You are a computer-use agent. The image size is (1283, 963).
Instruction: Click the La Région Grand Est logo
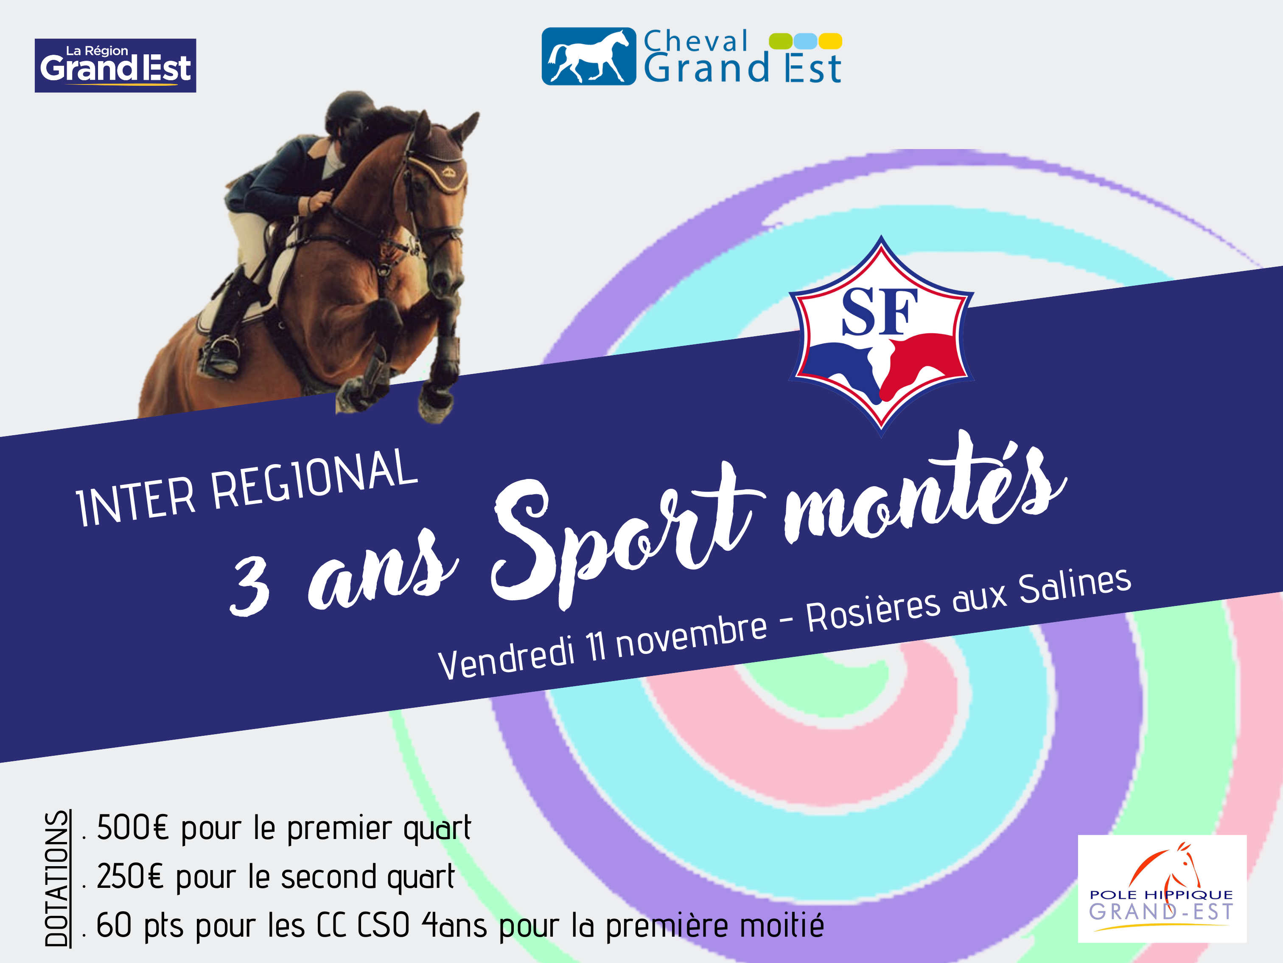[x=115, y=65]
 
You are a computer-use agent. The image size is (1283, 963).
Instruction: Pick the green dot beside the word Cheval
[x=781, y=41]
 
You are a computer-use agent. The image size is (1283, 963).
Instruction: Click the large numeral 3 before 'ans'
[x=249, y=585]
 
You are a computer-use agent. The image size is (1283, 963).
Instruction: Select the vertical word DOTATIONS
[x=57, y=878]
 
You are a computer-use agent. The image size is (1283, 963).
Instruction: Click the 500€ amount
[x=133, y=828]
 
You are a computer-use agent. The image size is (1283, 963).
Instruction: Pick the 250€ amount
[x=131, y=876]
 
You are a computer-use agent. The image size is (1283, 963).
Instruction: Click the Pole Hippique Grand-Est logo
[x=1162, y=889]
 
